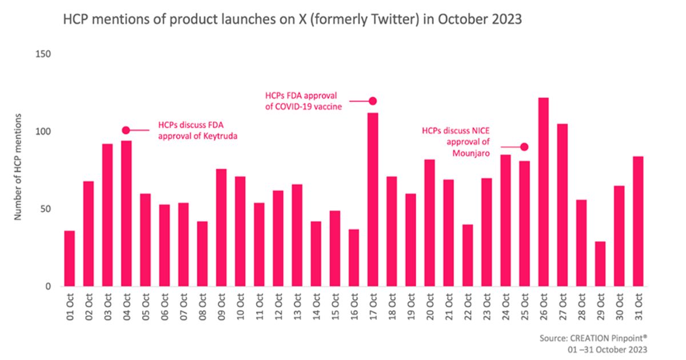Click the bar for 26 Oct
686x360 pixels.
[x=544, y=192]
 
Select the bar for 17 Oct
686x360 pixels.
[x=373, y=199]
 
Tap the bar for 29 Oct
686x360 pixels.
[x=600, y=264]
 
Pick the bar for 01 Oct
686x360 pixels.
[x=70, y=258]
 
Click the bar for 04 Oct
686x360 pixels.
[x=126, y=213]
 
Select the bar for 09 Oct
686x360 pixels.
[x=221, y=227]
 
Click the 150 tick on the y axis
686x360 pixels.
[x=44, y=54]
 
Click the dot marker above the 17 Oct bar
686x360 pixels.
[x=373, y=101]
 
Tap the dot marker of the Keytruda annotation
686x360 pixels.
[x=126, y=130]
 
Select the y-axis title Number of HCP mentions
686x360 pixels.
[x=18, y=167]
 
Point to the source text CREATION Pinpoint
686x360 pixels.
[x=612, y=338]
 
